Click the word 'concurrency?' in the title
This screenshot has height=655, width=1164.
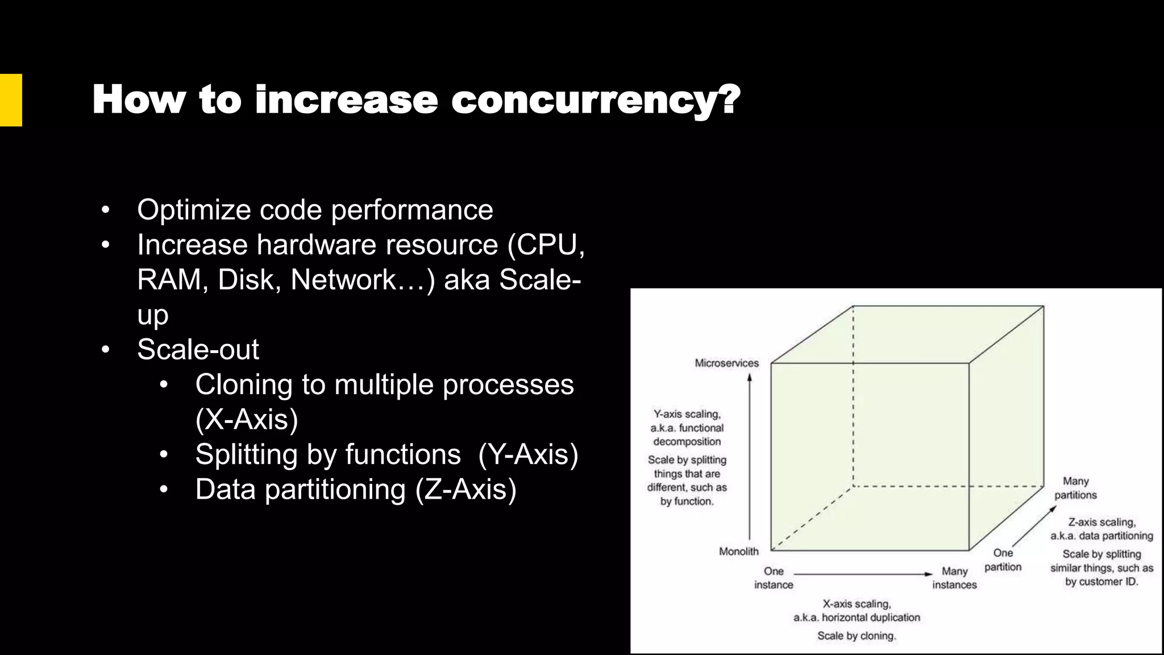tap(595, 101)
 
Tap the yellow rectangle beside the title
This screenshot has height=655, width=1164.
tap(10, 100)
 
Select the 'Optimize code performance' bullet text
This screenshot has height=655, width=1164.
tap(315, 210)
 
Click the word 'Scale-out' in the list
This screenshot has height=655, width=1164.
tap(198, 349)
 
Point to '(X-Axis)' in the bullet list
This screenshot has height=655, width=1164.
tap(246, 420)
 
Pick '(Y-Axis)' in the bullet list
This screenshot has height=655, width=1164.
tap(528, 454)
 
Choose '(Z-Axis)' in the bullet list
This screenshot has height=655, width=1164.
tap(465, 490)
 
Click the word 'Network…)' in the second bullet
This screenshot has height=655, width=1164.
tap(363, 280)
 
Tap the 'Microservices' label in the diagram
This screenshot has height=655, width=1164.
tap(726, 363)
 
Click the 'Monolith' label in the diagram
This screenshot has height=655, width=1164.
tap(738, 551)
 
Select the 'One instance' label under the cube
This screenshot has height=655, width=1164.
tap(774, 578)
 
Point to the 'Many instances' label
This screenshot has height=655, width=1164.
tap(954, 578)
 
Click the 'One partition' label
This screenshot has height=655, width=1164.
tap(1003, 559)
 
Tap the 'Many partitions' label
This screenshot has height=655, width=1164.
tap(1075, 488)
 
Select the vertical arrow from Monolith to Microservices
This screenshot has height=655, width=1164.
tap(750, 455)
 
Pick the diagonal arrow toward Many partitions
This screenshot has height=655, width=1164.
tap(1034, 527)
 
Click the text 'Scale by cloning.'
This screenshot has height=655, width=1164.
tap(856, 636)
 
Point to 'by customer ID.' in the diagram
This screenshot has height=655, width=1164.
tap(1101, 582)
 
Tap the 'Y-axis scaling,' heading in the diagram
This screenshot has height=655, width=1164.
tap(687, 414)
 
